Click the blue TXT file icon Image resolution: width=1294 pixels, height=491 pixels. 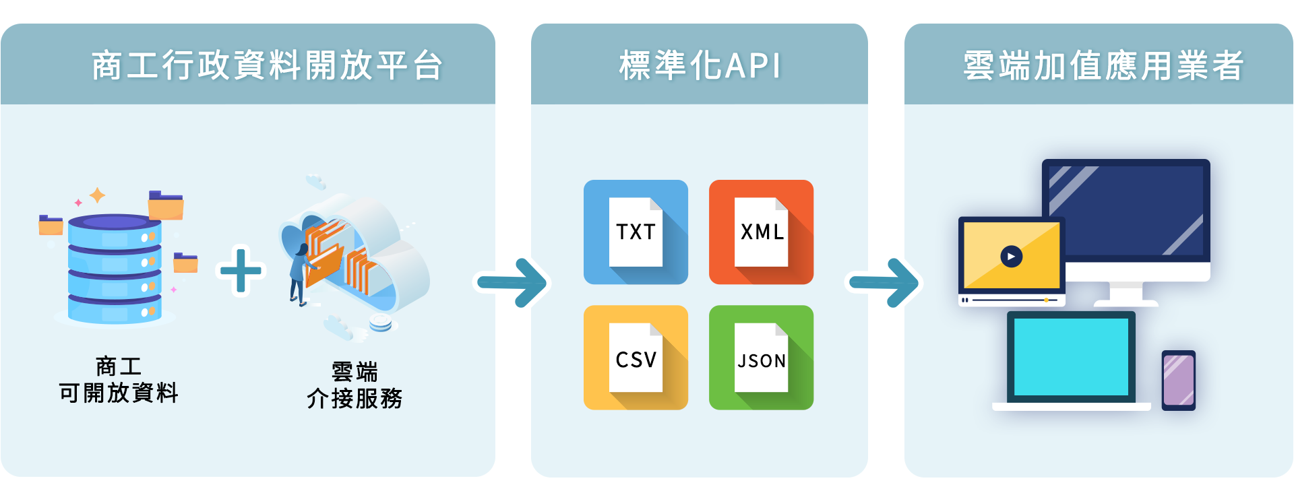[x=636, y=232]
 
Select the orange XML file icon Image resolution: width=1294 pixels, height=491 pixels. [x=761, y=232]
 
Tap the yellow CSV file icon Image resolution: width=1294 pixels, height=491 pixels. [x=636, y=358]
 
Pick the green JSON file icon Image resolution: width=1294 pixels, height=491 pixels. [x=761, y=358]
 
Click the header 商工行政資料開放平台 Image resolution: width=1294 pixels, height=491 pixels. [x=267, y=66]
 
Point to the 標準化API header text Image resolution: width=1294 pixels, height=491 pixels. [x=700, y=66]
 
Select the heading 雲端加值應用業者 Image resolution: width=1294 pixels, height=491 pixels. [x=1103, y=66]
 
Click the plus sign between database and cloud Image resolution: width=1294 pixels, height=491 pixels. [x=241, y=271]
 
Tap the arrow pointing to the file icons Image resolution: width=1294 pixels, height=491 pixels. [x=512, y=282]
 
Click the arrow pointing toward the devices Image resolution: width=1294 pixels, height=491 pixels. [x=884, y=282]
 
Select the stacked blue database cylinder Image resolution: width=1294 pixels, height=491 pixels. [x=115, y=269]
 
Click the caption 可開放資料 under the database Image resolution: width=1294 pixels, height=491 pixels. [x=119, y=393]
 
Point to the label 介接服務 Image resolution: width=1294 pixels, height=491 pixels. [x=355, y=399]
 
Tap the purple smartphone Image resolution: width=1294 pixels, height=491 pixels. [x=1178, y=381]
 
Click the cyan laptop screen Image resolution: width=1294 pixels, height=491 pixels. [x=1071, y=357]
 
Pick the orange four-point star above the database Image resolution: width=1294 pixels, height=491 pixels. [x=98, y=195]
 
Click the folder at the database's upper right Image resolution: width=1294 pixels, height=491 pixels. [x=166, y=205]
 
